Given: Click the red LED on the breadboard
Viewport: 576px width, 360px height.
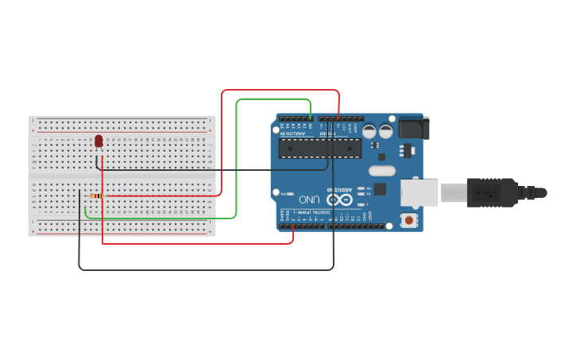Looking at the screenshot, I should tap(99, 141).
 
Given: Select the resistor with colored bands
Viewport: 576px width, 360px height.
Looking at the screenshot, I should tap(96, 195).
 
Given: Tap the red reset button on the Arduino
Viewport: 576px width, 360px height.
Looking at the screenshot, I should tap(409, 219).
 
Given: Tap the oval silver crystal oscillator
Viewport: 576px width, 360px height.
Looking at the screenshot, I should tap(381, 170).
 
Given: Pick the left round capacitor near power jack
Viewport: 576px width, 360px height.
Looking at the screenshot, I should tap(370, 132).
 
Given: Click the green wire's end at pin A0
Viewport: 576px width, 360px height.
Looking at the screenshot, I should tap(311, 118).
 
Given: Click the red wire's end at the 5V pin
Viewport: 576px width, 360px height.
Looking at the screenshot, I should tap(339, 118).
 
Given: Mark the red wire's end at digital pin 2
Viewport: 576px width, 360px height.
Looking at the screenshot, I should tap(294, 226).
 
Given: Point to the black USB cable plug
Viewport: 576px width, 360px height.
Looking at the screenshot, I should tap(493, 192).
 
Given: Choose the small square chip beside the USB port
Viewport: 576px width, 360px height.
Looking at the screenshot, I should tap(381, 189).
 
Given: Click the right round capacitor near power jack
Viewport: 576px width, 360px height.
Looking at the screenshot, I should tap(386, 132).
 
